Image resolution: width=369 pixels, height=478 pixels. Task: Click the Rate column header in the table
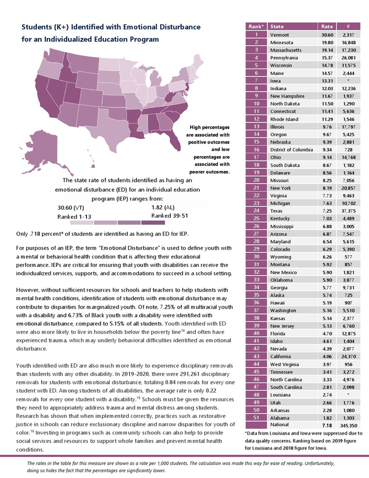pos(327,26)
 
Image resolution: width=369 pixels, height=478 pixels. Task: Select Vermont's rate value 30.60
pos(328,35)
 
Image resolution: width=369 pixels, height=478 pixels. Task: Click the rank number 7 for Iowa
pos(256,81)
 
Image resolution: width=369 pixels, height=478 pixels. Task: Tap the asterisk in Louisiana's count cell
pos(348,394)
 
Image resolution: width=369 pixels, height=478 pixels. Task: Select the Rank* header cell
pos(256,26)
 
